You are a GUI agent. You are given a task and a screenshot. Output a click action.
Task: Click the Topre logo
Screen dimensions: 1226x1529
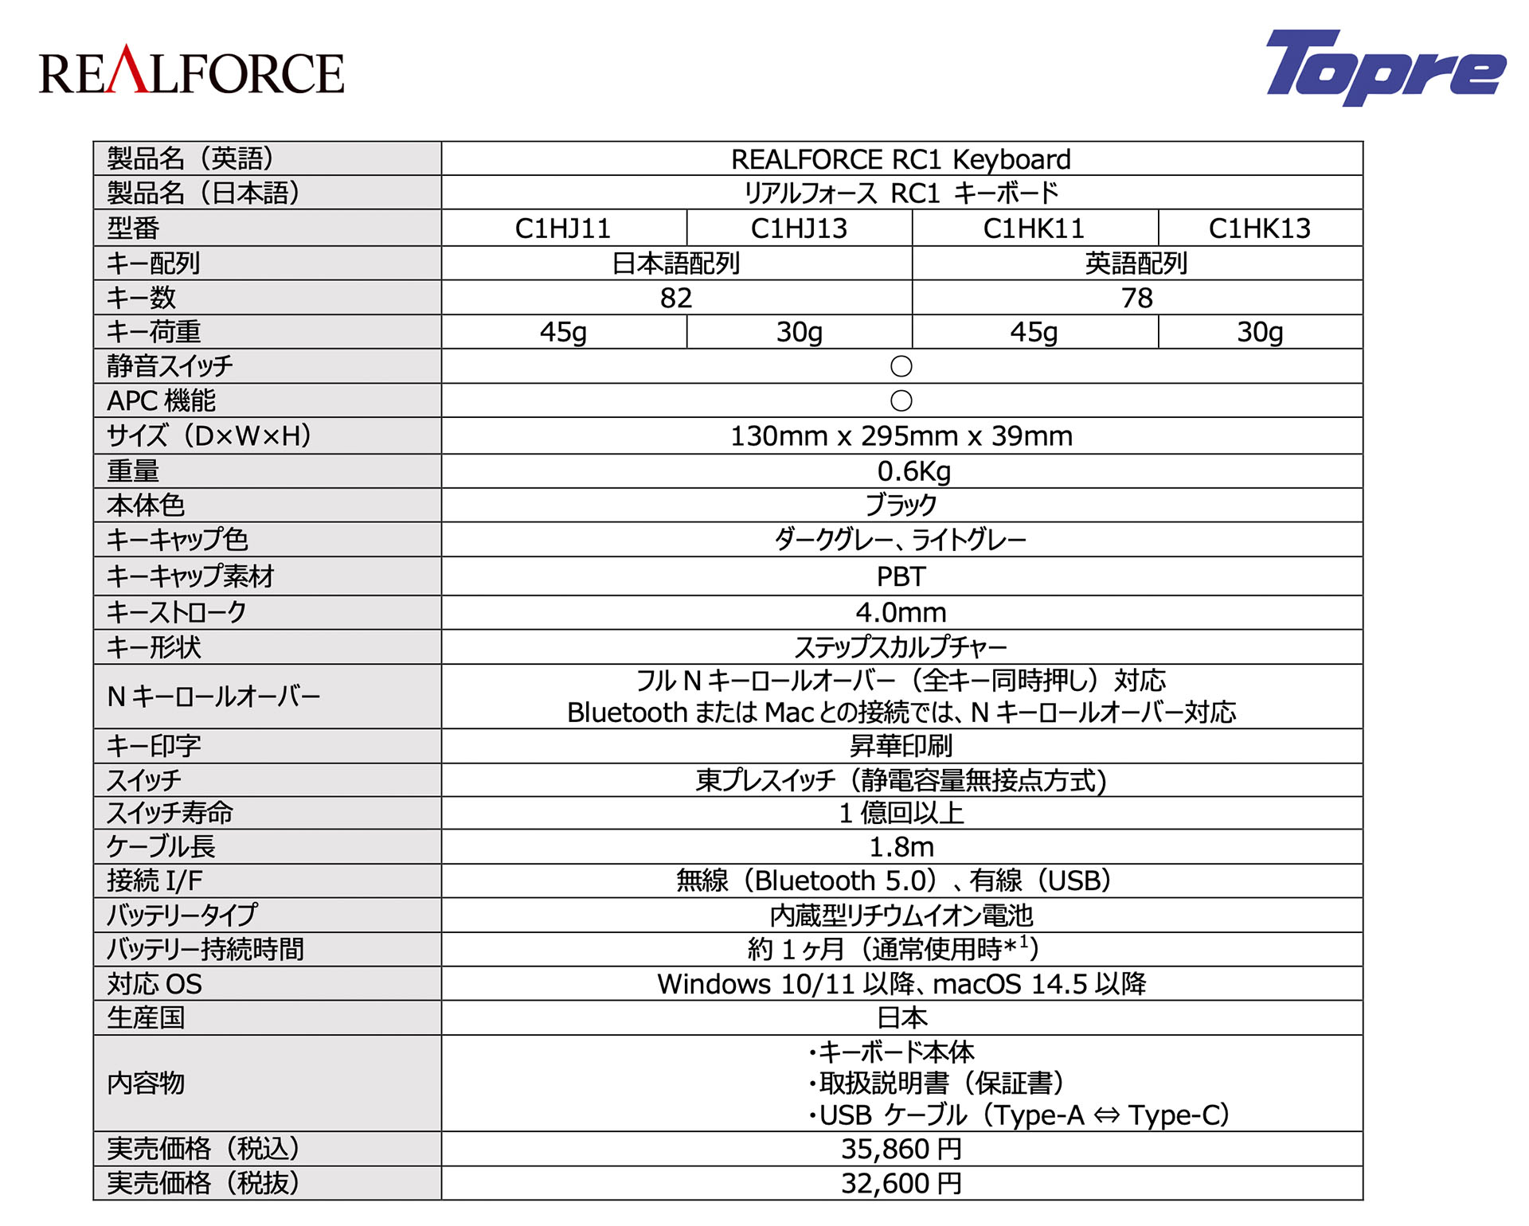1385,68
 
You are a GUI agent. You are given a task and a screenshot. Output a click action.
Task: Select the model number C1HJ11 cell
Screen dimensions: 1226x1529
563,228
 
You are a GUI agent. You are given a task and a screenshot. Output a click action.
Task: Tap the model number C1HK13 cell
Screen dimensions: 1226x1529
1259,228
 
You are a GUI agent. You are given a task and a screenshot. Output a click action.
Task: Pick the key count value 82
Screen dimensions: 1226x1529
676,298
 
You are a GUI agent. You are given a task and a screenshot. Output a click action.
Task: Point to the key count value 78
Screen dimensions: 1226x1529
1136,298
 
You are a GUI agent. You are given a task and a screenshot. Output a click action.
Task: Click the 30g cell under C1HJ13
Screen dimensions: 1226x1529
799,332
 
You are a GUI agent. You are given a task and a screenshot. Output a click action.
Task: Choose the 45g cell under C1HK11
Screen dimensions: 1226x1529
1034,332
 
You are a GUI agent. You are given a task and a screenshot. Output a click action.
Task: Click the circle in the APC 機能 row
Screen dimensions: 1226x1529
901,400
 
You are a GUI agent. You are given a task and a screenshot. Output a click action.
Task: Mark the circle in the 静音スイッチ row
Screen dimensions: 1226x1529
901,366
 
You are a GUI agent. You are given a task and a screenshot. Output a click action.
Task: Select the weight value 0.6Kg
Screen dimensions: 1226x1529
913,471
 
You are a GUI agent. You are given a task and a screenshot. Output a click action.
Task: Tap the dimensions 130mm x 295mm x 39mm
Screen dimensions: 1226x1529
901,436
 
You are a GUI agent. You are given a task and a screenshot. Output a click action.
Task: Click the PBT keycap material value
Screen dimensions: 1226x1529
901,576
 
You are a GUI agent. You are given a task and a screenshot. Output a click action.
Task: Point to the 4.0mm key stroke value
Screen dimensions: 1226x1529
901,612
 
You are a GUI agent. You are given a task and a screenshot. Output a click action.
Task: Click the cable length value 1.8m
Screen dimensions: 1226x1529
901,847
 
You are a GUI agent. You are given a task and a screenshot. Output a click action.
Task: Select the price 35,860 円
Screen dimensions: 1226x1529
901,1149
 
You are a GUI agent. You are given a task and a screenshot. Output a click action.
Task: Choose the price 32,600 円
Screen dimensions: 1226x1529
901,1184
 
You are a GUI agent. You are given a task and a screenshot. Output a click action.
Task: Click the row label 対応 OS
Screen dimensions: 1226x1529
154,984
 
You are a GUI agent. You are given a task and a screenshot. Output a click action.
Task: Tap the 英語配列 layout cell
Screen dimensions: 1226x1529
1136,264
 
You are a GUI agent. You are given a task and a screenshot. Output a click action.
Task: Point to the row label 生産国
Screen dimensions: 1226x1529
146,1018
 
